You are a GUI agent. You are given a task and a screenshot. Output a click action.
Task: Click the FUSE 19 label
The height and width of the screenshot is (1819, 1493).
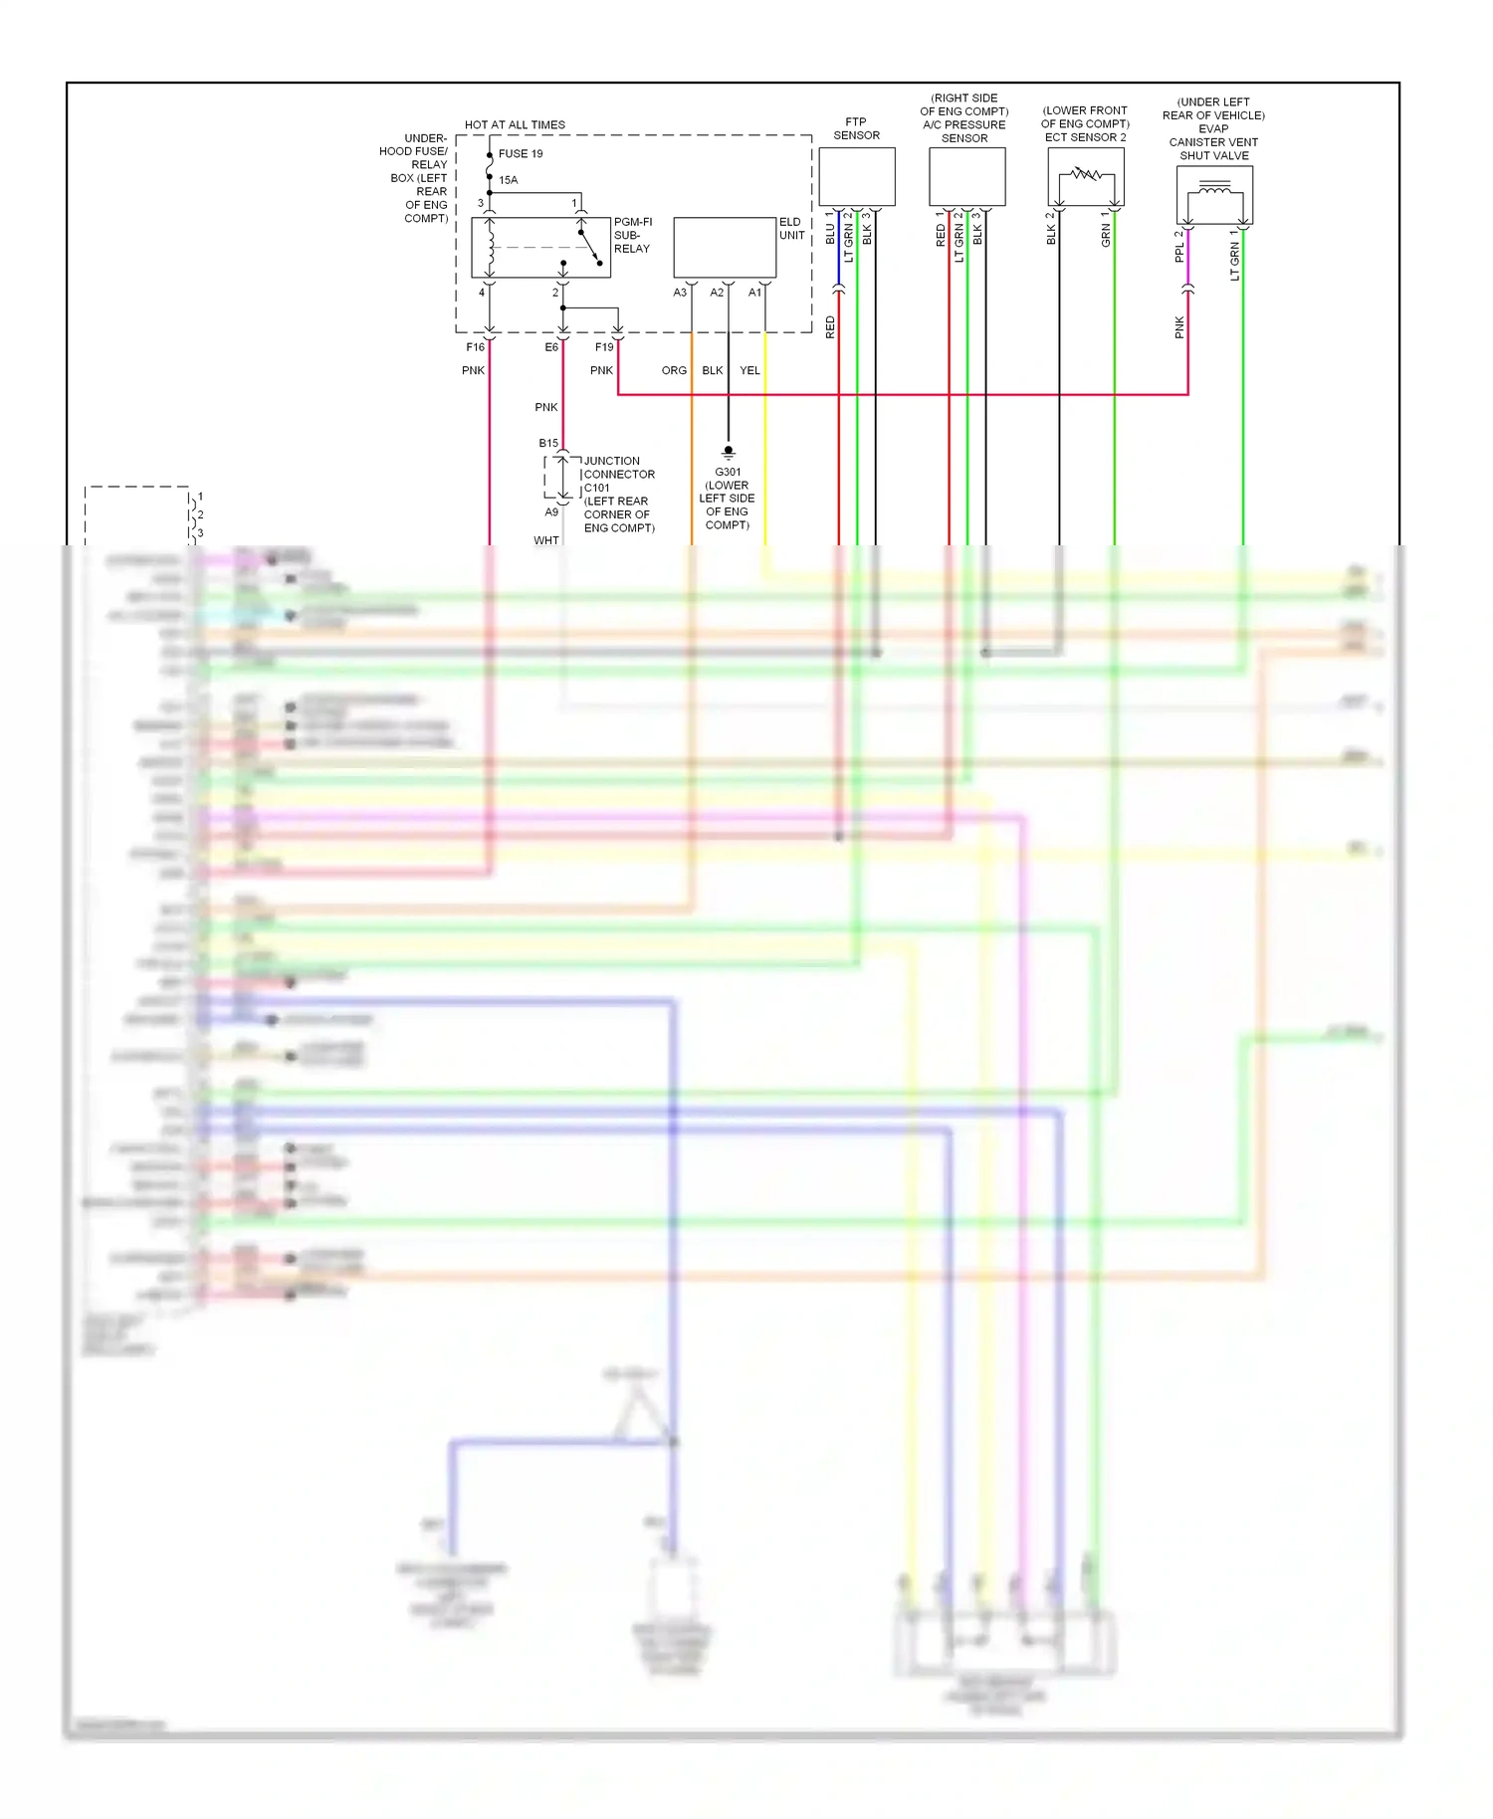pos(521,154)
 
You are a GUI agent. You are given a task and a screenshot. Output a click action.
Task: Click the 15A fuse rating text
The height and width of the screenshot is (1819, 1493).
pos(509,180)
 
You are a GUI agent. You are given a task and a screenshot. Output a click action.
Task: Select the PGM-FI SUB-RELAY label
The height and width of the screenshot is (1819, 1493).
pos(632,236)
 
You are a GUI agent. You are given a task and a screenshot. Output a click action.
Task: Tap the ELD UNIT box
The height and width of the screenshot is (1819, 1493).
pos(725,248)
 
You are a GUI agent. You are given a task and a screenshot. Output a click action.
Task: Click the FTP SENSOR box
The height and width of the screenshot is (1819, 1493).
pos(856,177)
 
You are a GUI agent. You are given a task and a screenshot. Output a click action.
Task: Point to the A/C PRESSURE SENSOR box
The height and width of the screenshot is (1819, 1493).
pos(966,177)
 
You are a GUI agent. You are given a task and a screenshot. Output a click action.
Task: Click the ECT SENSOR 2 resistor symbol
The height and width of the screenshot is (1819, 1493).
pos(1086,175)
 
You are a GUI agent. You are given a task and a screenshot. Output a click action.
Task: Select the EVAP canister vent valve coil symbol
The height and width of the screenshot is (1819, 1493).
pos(1214,188)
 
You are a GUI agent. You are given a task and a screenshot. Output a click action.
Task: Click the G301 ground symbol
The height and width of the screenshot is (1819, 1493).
pos(728,452)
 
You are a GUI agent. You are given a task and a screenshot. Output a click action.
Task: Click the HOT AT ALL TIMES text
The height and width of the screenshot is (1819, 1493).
pos(515,125)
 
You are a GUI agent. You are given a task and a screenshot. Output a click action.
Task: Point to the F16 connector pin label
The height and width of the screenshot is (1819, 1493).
pos(475,347)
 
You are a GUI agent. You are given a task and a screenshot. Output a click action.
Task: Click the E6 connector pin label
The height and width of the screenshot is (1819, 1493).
pos(551,347)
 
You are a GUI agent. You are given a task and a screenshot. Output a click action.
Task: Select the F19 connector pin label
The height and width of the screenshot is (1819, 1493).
pos(604,347)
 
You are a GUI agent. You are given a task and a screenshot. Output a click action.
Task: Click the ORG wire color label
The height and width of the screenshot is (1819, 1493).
pos(674,370)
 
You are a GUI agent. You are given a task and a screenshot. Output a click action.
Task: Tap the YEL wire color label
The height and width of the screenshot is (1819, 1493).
pos(749,370)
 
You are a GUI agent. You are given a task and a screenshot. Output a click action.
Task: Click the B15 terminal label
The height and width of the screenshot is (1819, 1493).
pos(548,443)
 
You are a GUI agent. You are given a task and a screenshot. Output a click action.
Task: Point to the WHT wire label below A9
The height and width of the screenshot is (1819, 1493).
pos(545,540)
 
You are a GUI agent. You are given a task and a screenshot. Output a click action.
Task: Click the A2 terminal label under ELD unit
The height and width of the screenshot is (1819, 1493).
pos(717,293)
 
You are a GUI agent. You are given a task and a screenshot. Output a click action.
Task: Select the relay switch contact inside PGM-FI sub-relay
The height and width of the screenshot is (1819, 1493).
pos(590,247)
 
